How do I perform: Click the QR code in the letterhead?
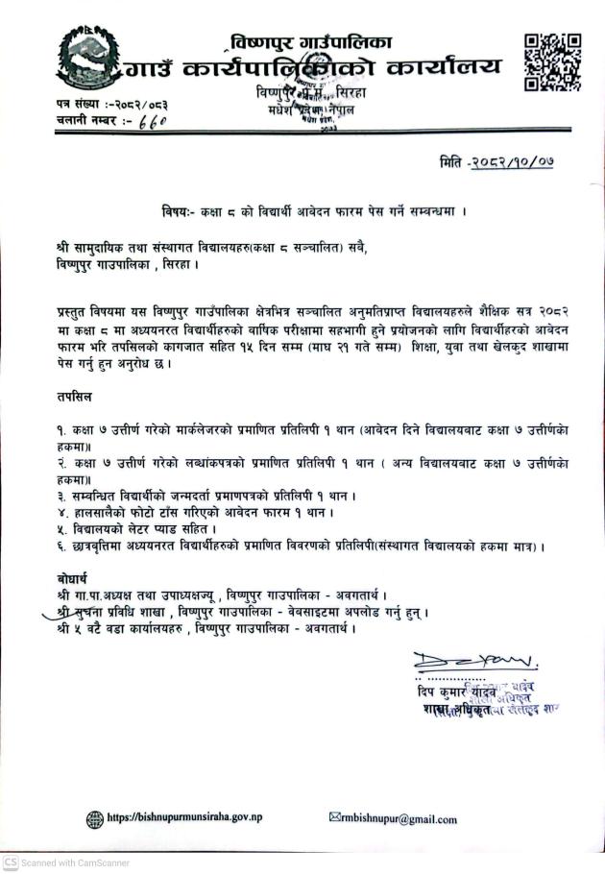(553, 61)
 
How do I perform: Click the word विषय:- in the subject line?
(181, 210)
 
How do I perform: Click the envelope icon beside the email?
(334, 818)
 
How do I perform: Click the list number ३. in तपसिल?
(61, 496)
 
